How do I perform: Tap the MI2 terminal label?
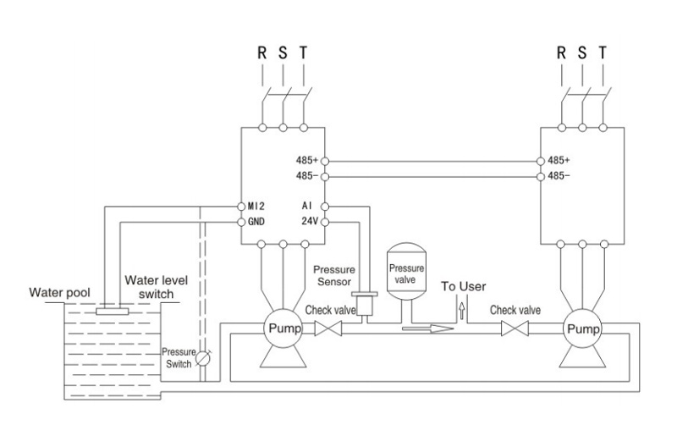256,206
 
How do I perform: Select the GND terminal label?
256,222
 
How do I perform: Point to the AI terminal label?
307,206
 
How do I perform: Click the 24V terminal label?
310,221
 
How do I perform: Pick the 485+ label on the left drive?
307,160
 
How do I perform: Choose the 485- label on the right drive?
559,176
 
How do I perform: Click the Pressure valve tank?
406,271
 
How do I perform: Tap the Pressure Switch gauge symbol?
203,358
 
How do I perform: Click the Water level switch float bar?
113,312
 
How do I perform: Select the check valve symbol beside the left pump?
328,328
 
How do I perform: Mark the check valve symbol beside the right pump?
515,328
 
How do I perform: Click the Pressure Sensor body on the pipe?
365,306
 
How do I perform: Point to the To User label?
463,286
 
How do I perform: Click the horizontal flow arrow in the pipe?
428,329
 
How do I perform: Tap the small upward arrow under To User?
462,311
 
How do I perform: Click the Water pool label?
59,292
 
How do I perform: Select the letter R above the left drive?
262,52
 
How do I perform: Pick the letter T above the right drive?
603,52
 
